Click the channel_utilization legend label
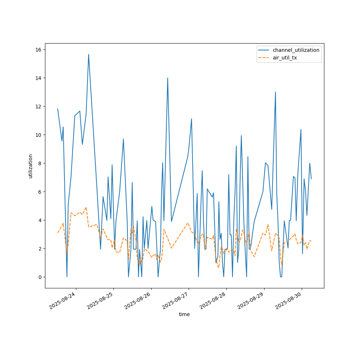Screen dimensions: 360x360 pos(296,50)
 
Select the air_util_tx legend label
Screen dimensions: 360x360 pos(285,58)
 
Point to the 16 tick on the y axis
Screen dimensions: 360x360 pos(38,49)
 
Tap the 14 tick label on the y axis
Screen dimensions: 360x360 pos(38,78)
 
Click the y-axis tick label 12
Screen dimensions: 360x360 pos(38,106)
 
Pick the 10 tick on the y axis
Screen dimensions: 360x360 pos(38,135)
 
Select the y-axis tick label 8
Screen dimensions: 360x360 pos(39,163)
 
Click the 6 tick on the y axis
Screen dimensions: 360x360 pos(39,192)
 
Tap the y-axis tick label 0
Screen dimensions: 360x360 pos(39,277)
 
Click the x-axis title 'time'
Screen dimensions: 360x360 pos(184,314)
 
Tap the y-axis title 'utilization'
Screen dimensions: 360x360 pos(31,166)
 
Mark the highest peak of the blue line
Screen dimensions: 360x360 pos(89,54)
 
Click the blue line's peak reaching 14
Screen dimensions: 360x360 pos(167,78)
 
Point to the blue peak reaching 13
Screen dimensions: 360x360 pos(275,92)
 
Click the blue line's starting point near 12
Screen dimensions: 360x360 pos(58,109)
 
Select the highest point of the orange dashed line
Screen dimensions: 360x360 pos(86,207)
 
